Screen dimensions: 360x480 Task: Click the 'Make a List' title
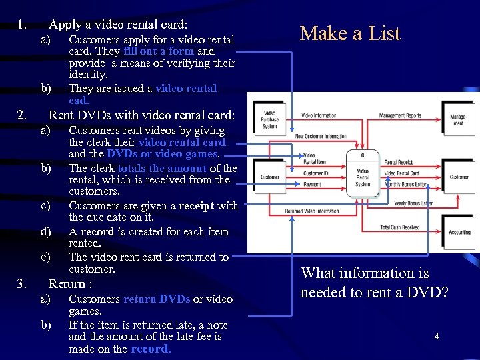coord(350,33)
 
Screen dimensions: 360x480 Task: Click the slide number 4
coord(437,337)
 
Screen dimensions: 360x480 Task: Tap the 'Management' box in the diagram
coord(459,120)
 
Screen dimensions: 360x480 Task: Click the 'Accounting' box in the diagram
coord(459,233)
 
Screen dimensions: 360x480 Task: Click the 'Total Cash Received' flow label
coord(399,227)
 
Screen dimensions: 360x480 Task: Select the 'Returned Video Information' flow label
coord(312,211)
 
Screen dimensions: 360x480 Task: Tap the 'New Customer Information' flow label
coord(321,136)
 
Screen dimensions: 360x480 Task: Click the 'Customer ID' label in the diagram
coord(317,173)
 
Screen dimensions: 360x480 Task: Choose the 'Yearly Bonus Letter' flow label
coord(413,203)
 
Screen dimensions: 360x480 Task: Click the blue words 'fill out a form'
coord(158,51)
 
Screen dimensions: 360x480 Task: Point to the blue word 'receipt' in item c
coord(195,206)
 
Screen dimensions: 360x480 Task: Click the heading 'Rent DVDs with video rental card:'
coord(142,115)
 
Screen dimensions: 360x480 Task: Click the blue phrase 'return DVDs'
coord(157,299)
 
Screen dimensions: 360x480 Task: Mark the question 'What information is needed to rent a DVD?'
coord(374,282)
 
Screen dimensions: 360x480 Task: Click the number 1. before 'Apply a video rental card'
coord(21,25)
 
